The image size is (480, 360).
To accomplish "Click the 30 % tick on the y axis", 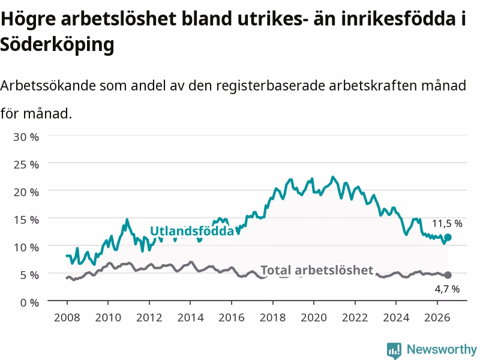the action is pos(26,137).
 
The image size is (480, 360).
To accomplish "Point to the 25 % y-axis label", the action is pos(26,164).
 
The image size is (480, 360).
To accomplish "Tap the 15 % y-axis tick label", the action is pos(26,220).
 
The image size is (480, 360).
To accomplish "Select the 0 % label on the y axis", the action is pos(29,302).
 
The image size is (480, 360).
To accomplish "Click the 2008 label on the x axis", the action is pos(67,317).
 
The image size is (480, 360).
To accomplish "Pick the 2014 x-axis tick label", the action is pos(190,317).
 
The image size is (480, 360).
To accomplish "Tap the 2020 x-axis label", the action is pos(314,317).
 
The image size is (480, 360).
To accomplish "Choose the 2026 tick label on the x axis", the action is pos(437,317).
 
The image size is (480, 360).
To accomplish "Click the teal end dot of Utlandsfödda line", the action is pos(448,237).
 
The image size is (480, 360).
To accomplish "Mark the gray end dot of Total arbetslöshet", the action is pos(448,275).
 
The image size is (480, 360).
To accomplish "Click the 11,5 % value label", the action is pos(447,223).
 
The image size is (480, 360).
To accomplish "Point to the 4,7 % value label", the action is pos(447,289).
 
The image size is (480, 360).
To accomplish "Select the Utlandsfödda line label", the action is pos(192,231).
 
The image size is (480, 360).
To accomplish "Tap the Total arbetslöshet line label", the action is pos(317,270).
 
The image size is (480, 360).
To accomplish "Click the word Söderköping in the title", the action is pos(57,45).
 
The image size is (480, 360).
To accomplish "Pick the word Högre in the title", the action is pos(28,19).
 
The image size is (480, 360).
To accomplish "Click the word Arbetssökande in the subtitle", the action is pos(48,85).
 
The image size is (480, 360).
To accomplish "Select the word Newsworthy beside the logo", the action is pos(442,349).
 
